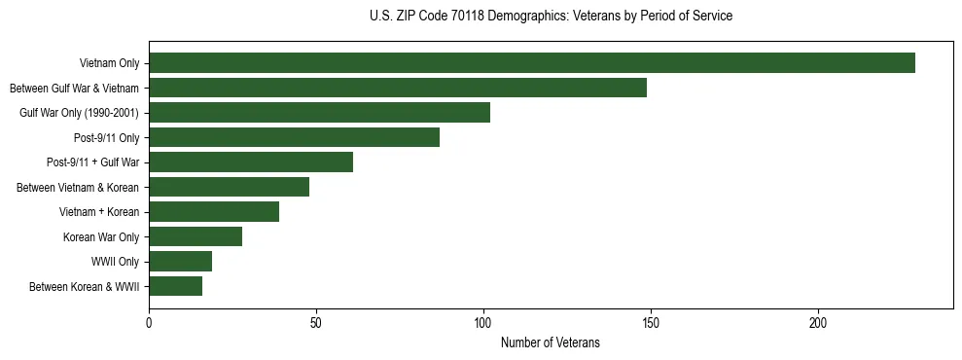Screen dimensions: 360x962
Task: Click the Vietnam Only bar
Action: (532, 63)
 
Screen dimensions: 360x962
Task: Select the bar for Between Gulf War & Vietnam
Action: (398, 88)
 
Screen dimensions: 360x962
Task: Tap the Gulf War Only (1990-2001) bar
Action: (319, 113)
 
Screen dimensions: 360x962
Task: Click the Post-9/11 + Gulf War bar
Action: (251, 162)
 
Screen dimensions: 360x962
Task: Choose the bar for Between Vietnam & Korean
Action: (229, 187)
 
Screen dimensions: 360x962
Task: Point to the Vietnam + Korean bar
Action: (214, 211)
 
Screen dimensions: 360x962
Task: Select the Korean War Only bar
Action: (196, 236)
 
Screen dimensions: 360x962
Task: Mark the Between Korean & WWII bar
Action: (175, 286)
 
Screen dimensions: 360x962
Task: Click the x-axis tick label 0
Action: (149, 322)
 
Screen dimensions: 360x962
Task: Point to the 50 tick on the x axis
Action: (316, 322)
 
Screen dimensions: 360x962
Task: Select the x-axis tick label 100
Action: (483, 322)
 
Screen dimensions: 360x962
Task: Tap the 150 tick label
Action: (651, 322)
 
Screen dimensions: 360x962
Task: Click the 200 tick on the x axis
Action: (818, 322)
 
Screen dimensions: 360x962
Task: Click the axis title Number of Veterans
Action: (551, 343)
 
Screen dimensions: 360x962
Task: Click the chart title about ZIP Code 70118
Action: (551, 17)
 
